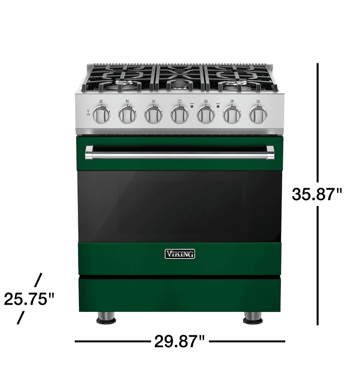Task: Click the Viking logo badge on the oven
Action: (180, 254)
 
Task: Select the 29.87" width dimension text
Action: (179, 342)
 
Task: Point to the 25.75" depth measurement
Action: (29, 299)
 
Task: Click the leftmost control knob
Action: (101, 115)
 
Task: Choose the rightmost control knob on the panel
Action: (258, 115)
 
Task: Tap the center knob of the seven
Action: (180, 115)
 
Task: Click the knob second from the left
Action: (127, 115)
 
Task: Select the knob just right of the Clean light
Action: (206, 115)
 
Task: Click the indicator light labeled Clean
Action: (192, 106)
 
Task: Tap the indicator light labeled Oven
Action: (218, 106)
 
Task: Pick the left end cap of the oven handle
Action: (89, 153)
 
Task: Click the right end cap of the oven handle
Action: (270, 153)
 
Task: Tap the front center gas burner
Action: (180, 85)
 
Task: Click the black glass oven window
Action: (180, 206)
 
